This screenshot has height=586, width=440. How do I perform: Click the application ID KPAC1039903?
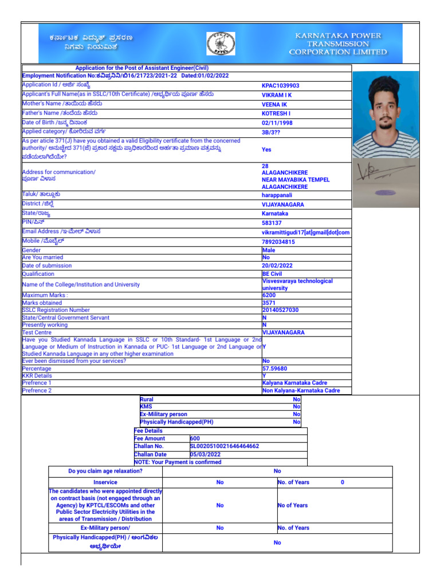[280, 86]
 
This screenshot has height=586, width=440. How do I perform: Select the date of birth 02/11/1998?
[277, 123]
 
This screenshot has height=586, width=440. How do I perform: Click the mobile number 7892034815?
[278, 242]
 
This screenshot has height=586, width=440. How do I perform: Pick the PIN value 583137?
[272, 223]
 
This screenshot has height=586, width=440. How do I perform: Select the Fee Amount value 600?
[195, 438]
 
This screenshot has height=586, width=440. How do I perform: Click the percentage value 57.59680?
[275, 369]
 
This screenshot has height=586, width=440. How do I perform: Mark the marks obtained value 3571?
[269, 303]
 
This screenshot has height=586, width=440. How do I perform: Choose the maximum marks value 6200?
[269, 295]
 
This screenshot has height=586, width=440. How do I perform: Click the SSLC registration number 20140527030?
[280, 310]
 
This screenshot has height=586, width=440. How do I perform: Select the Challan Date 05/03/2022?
[205, 454]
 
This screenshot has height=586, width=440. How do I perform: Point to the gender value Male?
[269, 251]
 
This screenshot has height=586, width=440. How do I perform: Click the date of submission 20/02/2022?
[277, 266]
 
